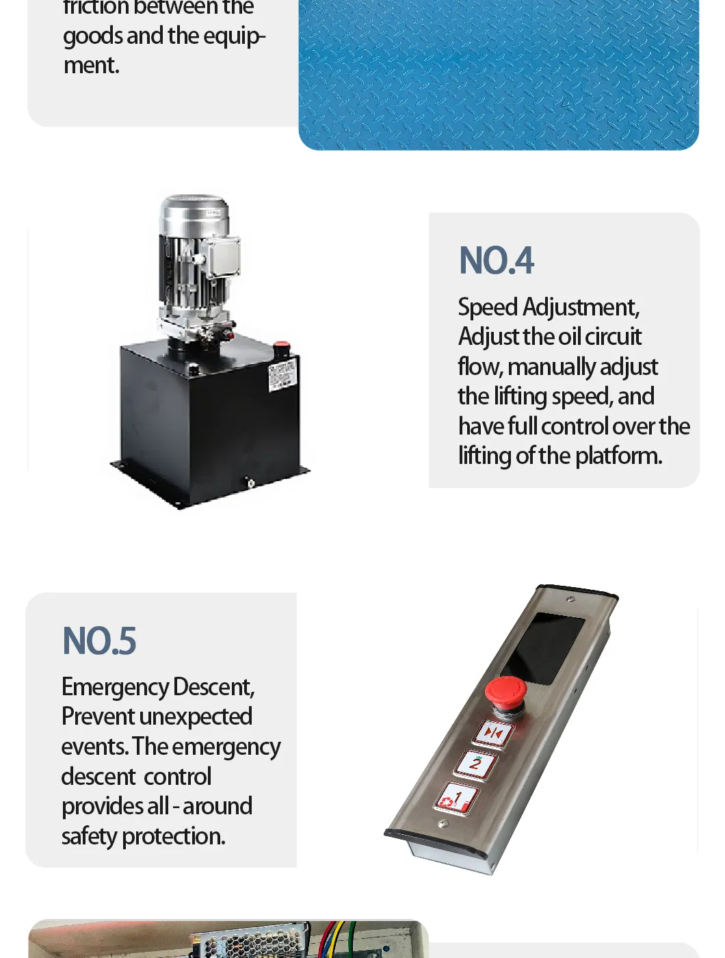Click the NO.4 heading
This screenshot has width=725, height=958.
[496, 261]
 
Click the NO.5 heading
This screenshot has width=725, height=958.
[99, 642]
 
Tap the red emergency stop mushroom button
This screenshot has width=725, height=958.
[505, 690]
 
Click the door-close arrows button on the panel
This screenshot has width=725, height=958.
[494, 734]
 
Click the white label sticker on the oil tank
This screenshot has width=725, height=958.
[282, 375]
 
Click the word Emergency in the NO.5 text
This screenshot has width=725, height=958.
[115, 687]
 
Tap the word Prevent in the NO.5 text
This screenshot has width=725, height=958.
[98, 717]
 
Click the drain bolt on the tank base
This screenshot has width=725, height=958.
[250, 484]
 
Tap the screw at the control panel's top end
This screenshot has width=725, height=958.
[570, 599]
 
